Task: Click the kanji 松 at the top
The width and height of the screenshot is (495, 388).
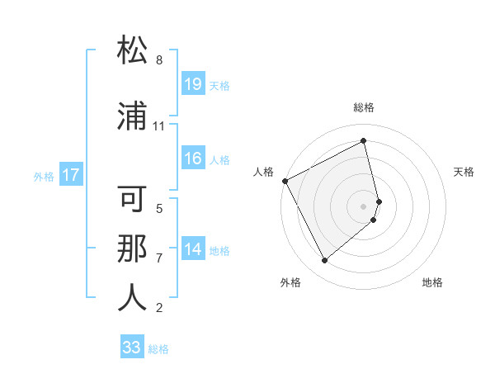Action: [x=132, y=51]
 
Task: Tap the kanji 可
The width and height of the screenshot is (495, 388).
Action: [x=132, y=201]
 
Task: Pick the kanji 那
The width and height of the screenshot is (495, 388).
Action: [x=132, y=248]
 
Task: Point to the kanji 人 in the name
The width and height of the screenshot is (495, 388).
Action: [x=132, y=298]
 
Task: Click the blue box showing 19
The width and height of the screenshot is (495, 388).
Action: [x=193, y=84]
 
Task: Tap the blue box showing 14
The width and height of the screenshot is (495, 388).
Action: [x=193, y=249]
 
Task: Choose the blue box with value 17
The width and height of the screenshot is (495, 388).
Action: [x=70, y=175]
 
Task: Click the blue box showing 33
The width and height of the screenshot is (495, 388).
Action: [x=132, y=348]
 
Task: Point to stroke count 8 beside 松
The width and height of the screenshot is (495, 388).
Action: [x=159, y=60]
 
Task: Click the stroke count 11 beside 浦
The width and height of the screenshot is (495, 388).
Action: [x=159, y=126]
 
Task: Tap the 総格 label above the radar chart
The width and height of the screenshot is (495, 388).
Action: [x=364, y=107]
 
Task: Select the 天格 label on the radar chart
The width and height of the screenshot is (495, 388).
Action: [x=464, y=172]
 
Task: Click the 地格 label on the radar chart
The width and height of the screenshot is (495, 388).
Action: [x=432, y=282]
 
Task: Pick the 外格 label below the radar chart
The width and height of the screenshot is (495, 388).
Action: [x=290, y=282]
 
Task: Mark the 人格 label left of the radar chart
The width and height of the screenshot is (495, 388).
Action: [x=263, y=172]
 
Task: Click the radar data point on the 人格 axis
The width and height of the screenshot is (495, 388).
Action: [x=285, y=181]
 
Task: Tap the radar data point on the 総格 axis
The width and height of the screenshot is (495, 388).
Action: [x=364, y=141]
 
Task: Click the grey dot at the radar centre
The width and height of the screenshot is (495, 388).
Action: [x=364, y=206]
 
